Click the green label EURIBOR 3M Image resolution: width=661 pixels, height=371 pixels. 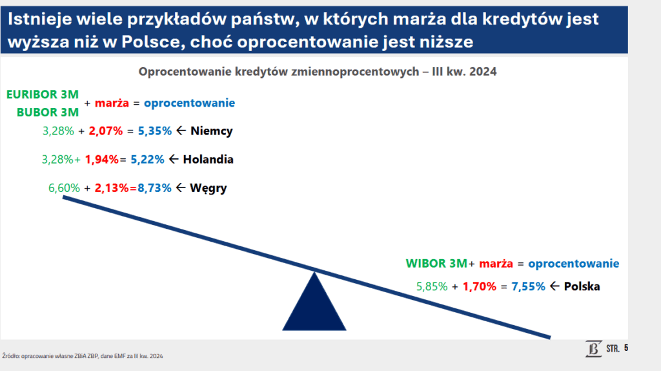click(43, 94)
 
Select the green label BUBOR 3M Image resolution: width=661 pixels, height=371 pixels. click(48, 112)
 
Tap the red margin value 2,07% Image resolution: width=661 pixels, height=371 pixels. click(106, 131)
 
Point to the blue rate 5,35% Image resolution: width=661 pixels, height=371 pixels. click(155, 131)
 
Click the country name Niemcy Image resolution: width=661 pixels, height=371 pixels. click(212, 131)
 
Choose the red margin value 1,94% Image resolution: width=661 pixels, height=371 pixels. click(101, 160)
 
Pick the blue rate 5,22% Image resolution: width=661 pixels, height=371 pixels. click(148, 160)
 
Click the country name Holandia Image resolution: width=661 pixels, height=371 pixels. click(208, 160)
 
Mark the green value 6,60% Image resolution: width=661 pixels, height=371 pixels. click(64, 188)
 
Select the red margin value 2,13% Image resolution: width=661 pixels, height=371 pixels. click(112, 188)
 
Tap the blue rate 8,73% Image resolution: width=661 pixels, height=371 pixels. click(155, 188)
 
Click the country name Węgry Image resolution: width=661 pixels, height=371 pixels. click(208, 188)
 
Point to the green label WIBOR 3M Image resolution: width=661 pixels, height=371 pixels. click(436, 263)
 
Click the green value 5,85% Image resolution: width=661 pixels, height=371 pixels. click(432, 286)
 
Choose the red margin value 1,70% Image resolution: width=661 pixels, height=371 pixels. click(480, 286)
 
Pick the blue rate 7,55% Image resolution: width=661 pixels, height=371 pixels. click(529, 286)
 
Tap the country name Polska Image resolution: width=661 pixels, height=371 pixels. click(582, 286)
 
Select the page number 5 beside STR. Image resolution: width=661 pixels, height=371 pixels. click(626, 348)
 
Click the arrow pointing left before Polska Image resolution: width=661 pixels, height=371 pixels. click(554, 286)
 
